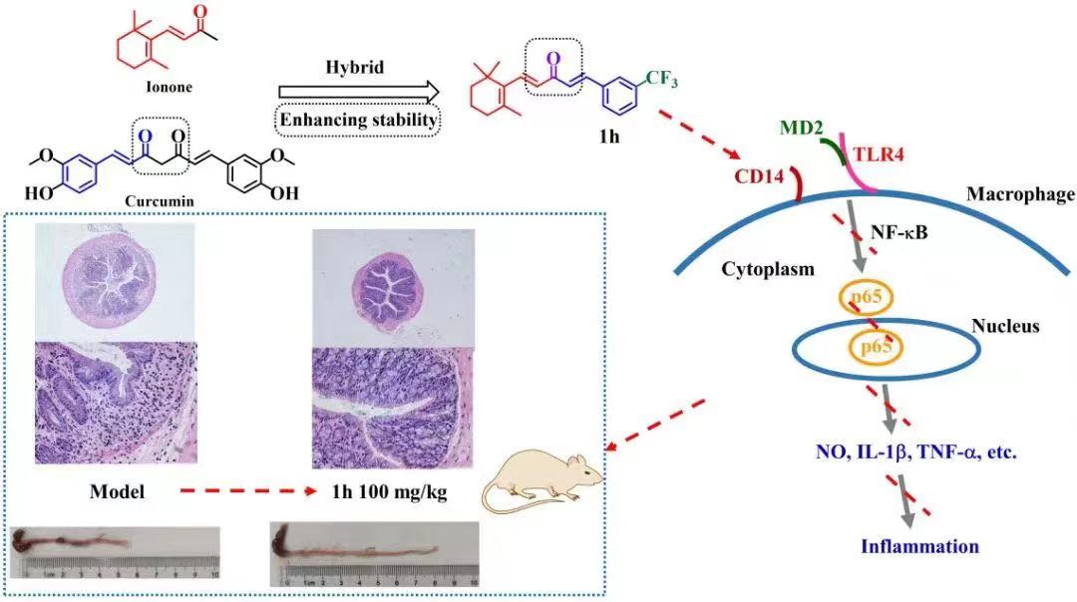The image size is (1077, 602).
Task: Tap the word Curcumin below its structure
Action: [x=158, y=198]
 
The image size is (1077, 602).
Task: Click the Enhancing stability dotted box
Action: [x=358, y=122]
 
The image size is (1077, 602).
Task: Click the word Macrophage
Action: [x=1019, y=194]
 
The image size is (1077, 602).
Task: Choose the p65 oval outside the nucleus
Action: [x=865, y=298]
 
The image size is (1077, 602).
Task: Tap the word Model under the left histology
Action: [x=117, y=491]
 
